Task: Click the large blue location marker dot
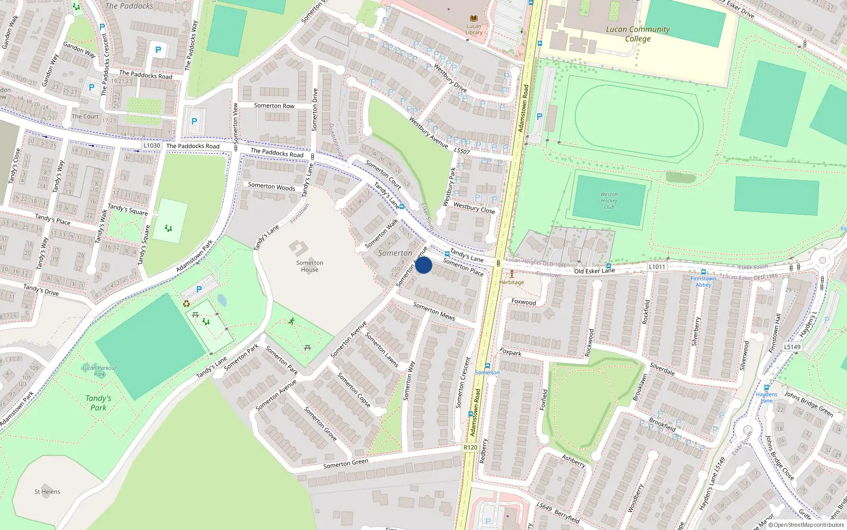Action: point(424,265)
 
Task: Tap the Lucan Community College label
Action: point(637,34)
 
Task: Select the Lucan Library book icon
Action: point(474,19)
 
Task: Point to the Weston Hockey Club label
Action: point(609,200)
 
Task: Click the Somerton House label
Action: point(310,266)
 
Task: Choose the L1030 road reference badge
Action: point(152,145)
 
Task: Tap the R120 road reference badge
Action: point(470,447)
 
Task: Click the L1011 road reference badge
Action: point(656,267)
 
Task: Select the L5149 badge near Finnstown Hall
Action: point(792,347)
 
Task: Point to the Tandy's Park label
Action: point(98,403)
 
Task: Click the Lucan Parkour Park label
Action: point(100,371)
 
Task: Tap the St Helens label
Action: point(47,492)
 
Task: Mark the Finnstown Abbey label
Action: point(703,281)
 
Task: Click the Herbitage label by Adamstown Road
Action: point(511,282)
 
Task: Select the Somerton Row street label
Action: point(274,106)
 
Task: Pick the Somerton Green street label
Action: point(346,464)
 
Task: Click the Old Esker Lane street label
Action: point(594,271)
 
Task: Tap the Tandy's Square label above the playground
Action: point(128,209)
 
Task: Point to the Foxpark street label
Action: point(510,352)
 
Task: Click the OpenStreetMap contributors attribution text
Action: point(806,525)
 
